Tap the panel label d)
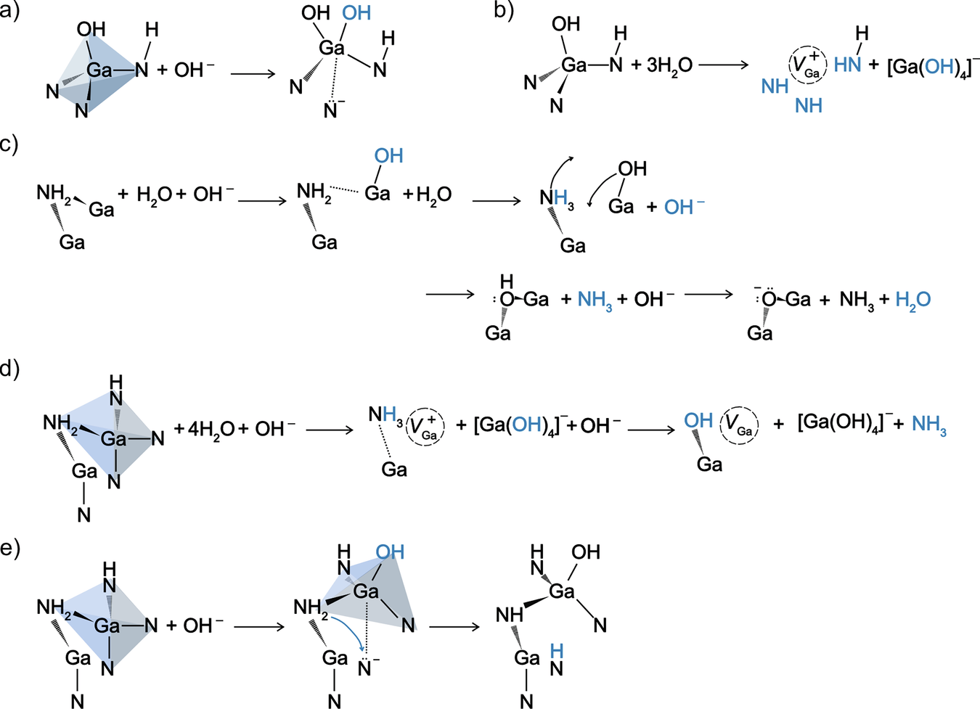coord(10,369)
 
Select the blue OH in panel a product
coord(356,13)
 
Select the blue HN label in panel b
coord(847,65)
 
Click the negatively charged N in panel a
coord(332,110)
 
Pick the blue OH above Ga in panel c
coord(388,156)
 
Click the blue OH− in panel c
coord(684,208)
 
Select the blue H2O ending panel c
coord(912,300)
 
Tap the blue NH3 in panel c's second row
coord(595,300)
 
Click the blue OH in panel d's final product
coord(698,421)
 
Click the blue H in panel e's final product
coord(556,650)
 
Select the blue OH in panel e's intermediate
coord(390,552)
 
